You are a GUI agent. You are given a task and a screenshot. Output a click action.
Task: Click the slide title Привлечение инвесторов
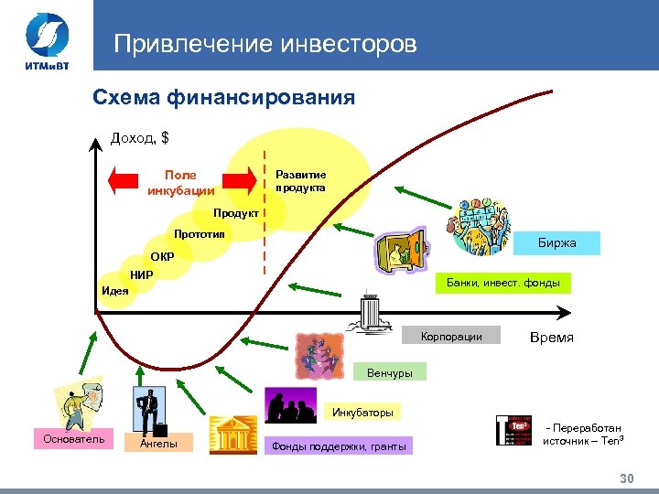pos(265,44)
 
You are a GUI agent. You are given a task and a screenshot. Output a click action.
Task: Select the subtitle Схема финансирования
pos(224,97)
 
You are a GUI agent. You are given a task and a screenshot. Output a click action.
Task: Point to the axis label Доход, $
pos(139,138)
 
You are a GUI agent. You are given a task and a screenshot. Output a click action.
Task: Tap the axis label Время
pos(552,338)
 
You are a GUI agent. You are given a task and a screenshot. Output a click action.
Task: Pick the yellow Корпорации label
pos(452,337)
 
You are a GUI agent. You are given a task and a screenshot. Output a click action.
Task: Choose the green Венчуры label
pos(389,372)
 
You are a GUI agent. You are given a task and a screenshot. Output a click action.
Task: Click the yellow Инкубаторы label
pos(362,413)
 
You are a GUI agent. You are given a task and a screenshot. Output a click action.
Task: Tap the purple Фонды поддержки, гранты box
pos(338,446)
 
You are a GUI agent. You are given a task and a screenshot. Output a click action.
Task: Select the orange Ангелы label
pos(158,445)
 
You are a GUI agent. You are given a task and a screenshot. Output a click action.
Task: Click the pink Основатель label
pos(73,439)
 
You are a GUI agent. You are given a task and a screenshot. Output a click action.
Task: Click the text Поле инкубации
pos(180,183)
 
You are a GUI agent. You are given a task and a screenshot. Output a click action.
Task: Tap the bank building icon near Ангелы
pos(231,435)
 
